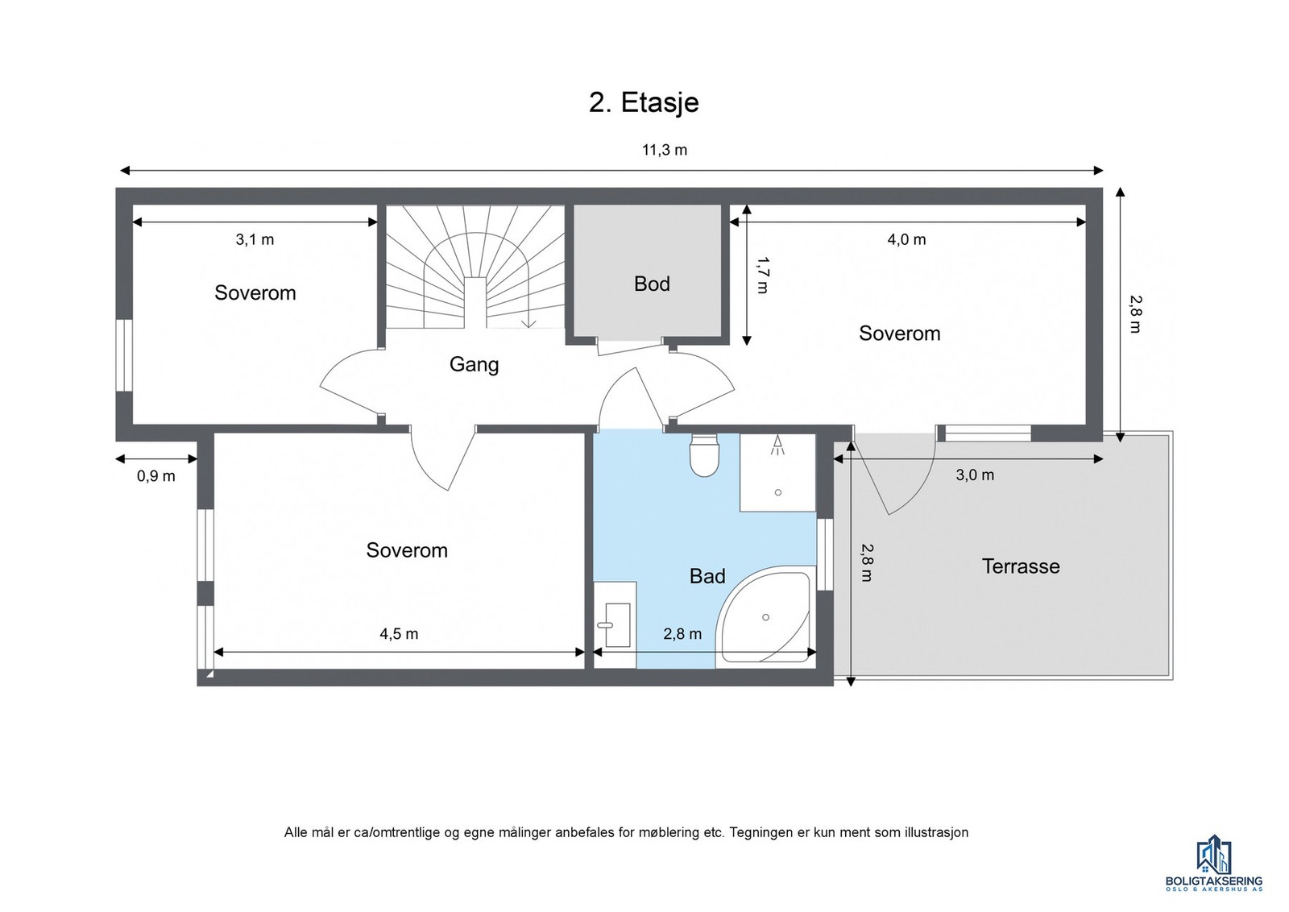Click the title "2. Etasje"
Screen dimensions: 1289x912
[644, 102]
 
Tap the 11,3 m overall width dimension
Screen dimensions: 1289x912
[665, 150]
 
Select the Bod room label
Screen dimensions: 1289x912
[652, 284]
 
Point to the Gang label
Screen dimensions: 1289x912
[475, 365]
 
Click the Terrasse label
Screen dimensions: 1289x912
[1021, 566]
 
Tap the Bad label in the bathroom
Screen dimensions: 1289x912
[707, 576]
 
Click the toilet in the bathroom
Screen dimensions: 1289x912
[704, 455]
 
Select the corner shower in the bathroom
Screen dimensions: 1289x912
[765, 616]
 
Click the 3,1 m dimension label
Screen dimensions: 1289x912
[255, 239]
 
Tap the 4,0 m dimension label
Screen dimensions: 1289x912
[907, 239]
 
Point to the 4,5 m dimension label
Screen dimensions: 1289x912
[399, 634]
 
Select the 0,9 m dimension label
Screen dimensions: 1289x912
[156, 476]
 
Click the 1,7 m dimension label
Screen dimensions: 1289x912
[762, 275]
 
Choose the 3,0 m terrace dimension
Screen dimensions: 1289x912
[975, 475]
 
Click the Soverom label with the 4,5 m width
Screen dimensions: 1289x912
[407, 550]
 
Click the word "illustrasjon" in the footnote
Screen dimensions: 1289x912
[936, 832]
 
